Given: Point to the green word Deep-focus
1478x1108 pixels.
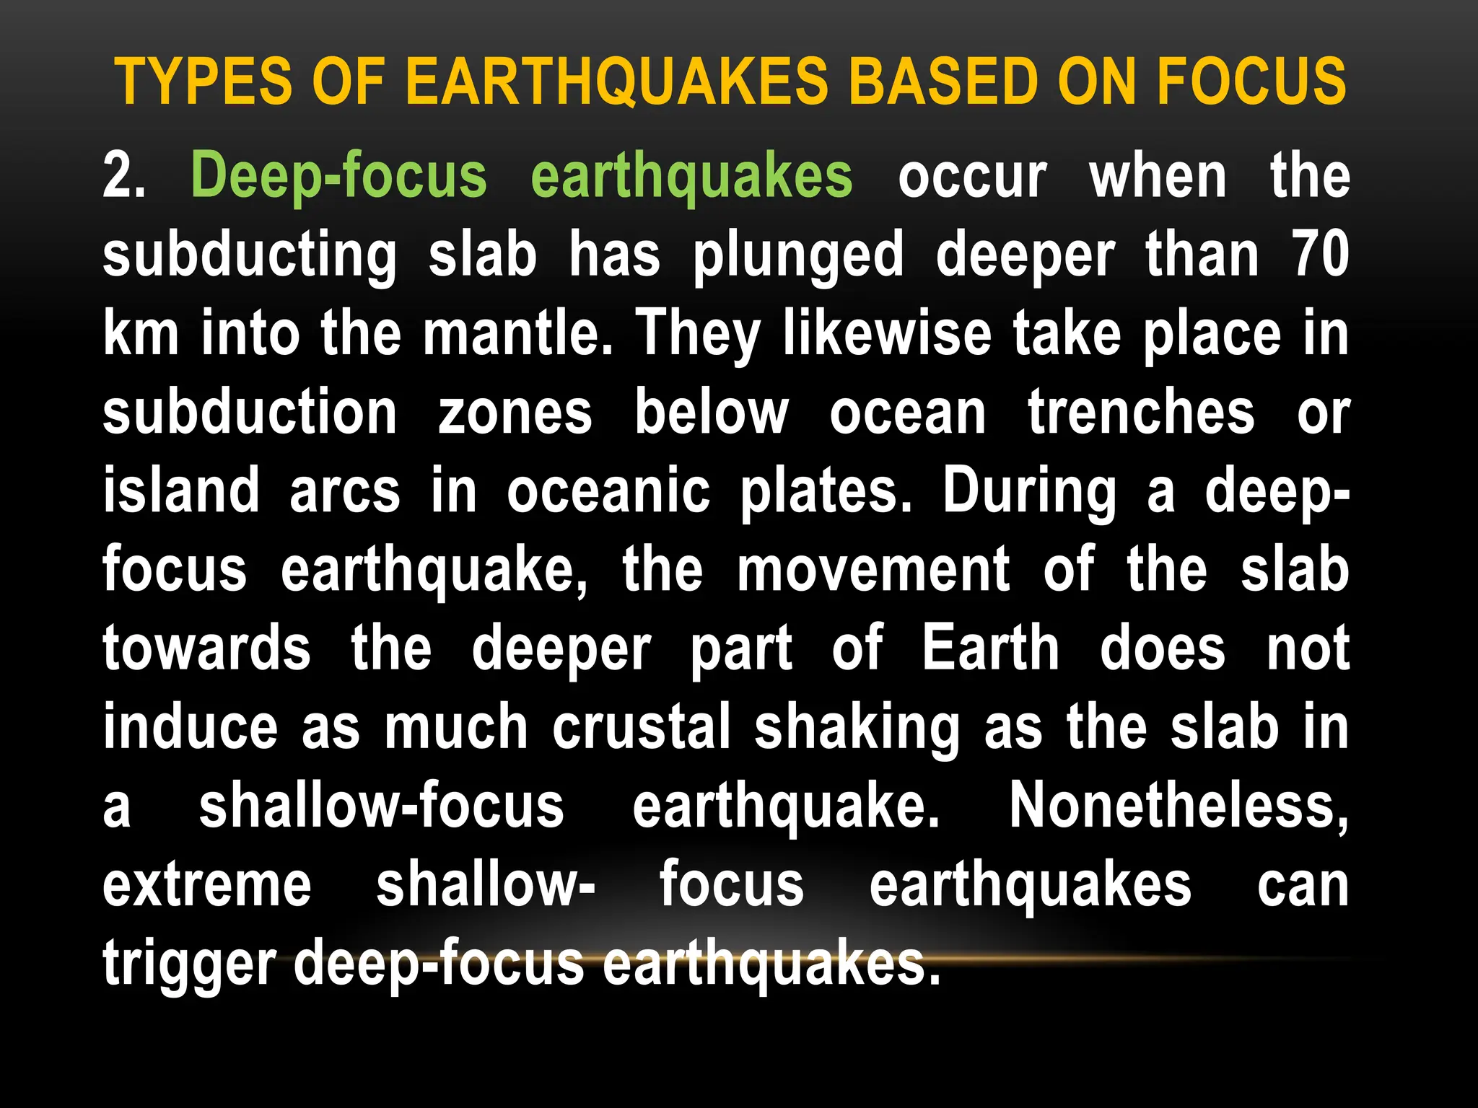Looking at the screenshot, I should [x=339, y=177].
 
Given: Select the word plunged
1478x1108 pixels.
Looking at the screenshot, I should [x=798, y=257].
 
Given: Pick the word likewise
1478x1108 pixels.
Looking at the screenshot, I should [x=888, y=333].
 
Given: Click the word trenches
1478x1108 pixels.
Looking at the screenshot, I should [x=1141, y=412].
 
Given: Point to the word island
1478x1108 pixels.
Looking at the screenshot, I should [x=181, y=491].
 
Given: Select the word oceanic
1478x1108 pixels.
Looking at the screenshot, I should [x=608, y=491].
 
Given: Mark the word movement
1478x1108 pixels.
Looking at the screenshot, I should [x=873, y=570].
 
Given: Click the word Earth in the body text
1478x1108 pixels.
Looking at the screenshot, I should [x=991, y=648].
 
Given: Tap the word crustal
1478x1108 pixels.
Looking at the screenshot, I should [x=642, y=727].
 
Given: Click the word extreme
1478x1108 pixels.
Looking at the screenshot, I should [x=207, y=885].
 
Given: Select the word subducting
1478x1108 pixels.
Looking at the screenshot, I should [x=250, y=255].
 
